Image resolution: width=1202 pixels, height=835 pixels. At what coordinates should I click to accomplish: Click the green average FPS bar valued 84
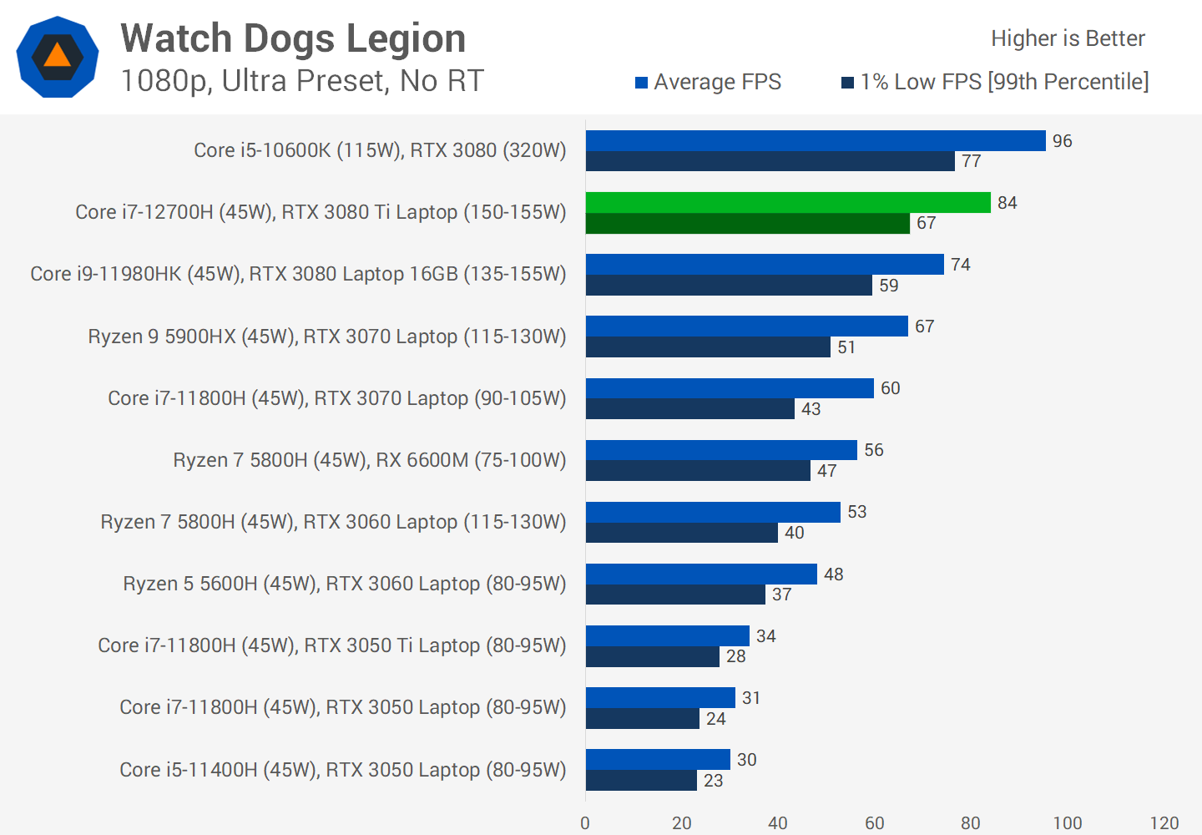pos(788,203)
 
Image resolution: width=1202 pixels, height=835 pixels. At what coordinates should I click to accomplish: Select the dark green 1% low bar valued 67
pos(748,224)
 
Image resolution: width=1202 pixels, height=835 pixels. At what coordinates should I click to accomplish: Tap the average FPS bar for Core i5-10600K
pos(816,141)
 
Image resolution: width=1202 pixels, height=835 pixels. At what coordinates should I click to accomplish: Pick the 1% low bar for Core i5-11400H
pos(641,781)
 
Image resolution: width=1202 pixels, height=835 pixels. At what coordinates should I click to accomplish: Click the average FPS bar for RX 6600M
pos(721,450)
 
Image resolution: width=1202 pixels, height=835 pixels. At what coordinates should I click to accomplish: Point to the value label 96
pos(1062,141)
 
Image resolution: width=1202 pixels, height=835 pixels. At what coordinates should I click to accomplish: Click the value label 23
pos(713,781)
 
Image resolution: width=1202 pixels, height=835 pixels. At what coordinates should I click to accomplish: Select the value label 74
pos(960,265)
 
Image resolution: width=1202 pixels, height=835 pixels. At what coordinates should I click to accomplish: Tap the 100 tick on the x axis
pos(1067,823)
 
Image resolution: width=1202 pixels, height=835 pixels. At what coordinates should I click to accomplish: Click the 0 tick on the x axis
pos(585,823)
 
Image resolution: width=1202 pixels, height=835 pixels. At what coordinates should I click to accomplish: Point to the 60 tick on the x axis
pos(874,823)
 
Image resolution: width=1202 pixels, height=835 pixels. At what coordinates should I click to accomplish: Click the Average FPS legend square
pos(642,83)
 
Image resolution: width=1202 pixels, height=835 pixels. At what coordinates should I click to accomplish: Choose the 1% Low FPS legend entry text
pos(1004,82)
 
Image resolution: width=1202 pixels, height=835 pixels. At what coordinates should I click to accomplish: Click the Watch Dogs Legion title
pos(293,38)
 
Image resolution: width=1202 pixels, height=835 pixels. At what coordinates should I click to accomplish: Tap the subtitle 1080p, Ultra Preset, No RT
pos(302,81)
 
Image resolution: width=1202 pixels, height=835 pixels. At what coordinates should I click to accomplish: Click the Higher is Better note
pos(1068,38)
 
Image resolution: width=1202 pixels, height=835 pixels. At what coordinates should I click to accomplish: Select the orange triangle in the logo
pos(57,56)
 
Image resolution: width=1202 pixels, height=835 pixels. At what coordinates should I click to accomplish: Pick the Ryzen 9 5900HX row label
pos(326,337)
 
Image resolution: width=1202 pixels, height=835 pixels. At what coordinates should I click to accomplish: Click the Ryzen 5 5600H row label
pos(344,584)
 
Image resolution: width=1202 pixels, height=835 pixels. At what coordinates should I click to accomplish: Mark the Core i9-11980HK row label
pos(298,274)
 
